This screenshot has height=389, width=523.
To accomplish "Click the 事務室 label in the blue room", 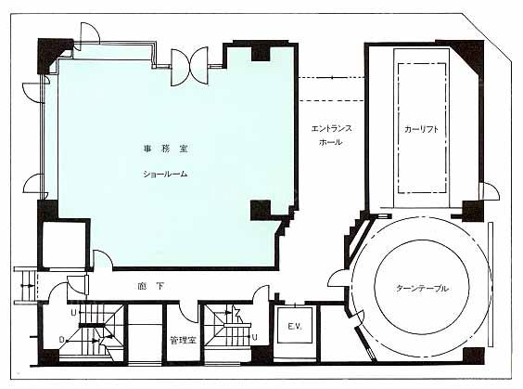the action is (x=165, y=149).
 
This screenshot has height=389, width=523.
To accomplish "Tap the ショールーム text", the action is (x=165, y=174).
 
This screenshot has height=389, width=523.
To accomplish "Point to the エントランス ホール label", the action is (x=331, y=136).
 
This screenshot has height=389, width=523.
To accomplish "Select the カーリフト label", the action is (x=421, y=130).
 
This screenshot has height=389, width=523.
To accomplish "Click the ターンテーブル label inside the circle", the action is (x=422, y=288).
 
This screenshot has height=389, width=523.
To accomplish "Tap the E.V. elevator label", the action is (x=295, y=326).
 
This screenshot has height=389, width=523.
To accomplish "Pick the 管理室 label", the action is (x=183, y=340).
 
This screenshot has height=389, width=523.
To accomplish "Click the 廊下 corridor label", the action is (x=151, y=286).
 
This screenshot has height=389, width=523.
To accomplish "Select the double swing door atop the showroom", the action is (x=189, y=67).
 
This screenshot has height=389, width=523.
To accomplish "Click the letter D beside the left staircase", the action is (x=61, y=340).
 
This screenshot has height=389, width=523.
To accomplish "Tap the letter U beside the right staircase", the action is (x=254, y=337).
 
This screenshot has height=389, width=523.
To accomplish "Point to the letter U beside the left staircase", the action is (x=73, y=313).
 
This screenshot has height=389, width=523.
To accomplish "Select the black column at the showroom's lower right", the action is (x=261, y=210).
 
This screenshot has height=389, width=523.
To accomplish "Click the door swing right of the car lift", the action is (x=490, y=191).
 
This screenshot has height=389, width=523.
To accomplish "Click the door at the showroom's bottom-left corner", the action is (x=102, y=259).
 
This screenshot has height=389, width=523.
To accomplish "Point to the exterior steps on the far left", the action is (x=25, y=286).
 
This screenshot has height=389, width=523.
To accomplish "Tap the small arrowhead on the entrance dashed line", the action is (x=332, y=78).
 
